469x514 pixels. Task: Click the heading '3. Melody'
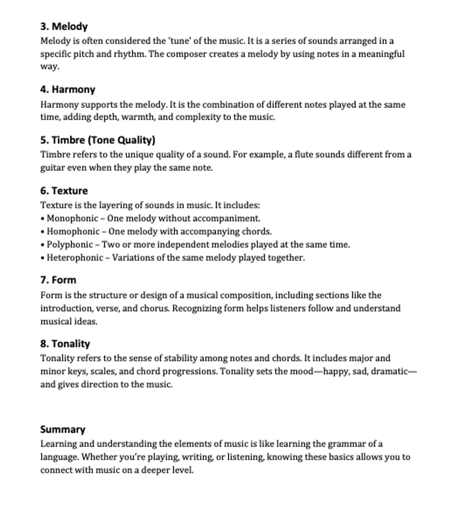point(64,27)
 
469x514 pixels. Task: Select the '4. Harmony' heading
point(68,90)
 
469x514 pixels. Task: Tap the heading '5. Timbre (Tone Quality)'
point(98,140)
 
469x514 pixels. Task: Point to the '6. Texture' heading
point(64,191)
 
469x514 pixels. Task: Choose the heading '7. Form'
point(58,280)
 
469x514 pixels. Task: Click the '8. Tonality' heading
point(65,344)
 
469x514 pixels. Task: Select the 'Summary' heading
point(63,430)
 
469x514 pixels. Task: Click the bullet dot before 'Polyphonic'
point(42,245)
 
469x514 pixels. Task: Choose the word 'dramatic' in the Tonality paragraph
point(389,371)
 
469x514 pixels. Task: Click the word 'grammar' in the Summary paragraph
point(346,444)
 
